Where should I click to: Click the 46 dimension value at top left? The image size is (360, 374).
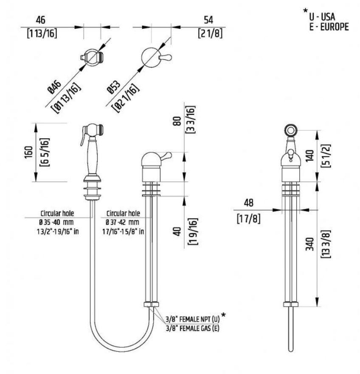click(41, 20)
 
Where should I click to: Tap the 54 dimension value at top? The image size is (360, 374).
click(208, 20)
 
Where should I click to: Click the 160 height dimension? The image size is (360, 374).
click(28, 152)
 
